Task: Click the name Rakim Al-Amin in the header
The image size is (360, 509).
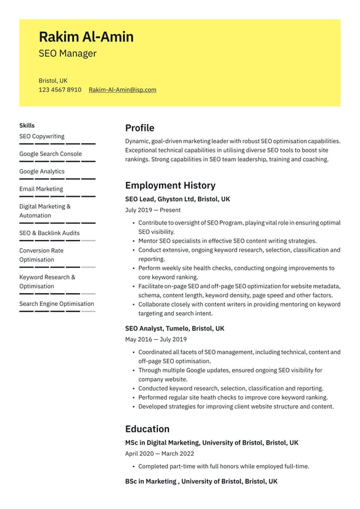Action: (86, 37)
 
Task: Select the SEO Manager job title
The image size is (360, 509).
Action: (67, 54)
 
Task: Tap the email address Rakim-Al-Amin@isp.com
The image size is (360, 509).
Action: (122, 90)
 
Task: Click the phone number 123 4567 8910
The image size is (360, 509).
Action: (60, 90)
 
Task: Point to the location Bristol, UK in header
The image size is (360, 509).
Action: (53, 81)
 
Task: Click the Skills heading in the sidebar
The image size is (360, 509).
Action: (27, 125)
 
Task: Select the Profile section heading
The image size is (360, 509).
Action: (139, 128)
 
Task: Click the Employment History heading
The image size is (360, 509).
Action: (170, 186)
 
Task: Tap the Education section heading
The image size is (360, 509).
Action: (147, 429)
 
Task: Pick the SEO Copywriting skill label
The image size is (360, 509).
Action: (41, 136)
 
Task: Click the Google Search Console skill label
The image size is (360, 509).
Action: (50, 154)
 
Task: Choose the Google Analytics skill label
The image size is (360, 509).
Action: (41, 172)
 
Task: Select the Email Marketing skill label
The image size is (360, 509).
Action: (41, 189)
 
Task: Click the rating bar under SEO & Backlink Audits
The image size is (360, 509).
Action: (57, 241)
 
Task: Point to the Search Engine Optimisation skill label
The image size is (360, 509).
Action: (57, 304)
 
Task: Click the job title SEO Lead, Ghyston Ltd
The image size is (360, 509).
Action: (177, 199)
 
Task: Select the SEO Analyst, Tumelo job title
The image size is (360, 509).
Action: (174, 329)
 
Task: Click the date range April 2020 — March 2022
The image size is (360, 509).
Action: (159, 453)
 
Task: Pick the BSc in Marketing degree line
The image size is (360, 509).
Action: (201, 481)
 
